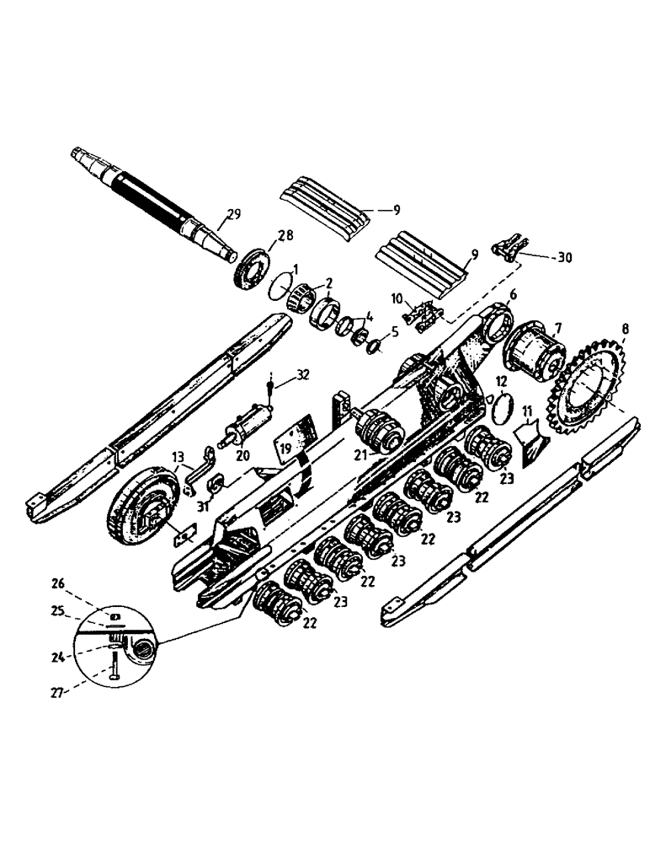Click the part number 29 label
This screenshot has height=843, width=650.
point(233,215)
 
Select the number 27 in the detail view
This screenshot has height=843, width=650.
point(57,693)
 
